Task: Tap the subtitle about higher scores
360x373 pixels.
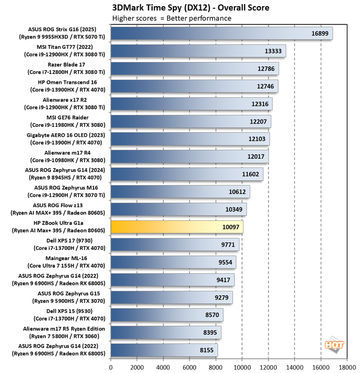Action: (x=171, y=18)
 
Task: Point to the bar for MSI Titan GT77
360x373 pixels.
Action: (x=198, y=50)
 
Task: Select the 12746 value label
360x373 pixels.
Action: (x=265, y=87)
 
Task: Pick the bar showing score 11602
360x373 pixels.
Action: (x=187, y=174)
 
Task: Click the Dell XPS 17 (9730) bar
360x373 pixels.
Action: (x=174, y=244)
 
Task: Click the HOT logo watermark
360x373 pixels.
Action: (x=334, y=344)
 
